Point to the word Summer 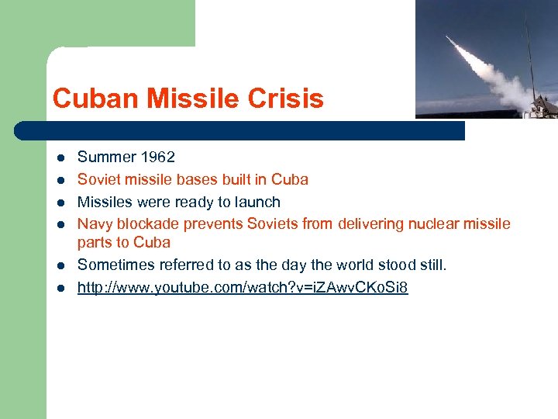pyautogui.click(x=107, y=157)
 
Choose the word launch pyautogui.click(x=258, y=202)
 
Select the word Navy pyautogui.click(x=95, y=224)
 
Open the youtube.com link pyautogui.click(x=243, y=288)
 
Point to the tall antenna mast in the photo pyautogui.click(x=529, y=47)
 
